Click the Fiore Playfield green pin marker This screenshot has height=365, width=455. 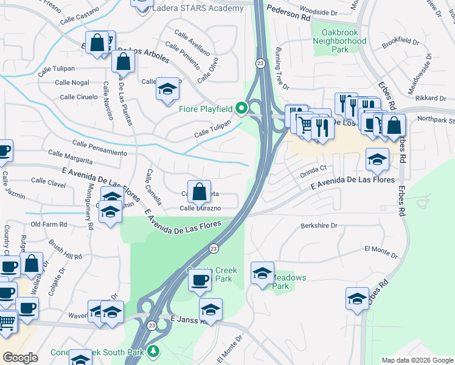click(241, 109)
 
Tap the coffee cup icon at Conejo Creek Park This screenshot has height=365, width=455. click(200, 280)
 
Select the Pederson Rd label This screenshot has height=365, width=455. click(288, 14)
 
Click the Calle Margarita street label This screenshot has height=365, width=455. click(70, 157)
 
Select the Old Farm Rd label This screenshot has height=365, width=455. click(49, 224)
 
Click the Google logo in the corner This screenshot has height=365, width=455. click(21, 358)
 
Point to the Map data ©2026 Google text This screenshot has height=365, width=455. click(417, 360)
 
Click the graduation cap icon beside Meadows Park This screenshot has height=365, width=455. click(262, 274)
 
